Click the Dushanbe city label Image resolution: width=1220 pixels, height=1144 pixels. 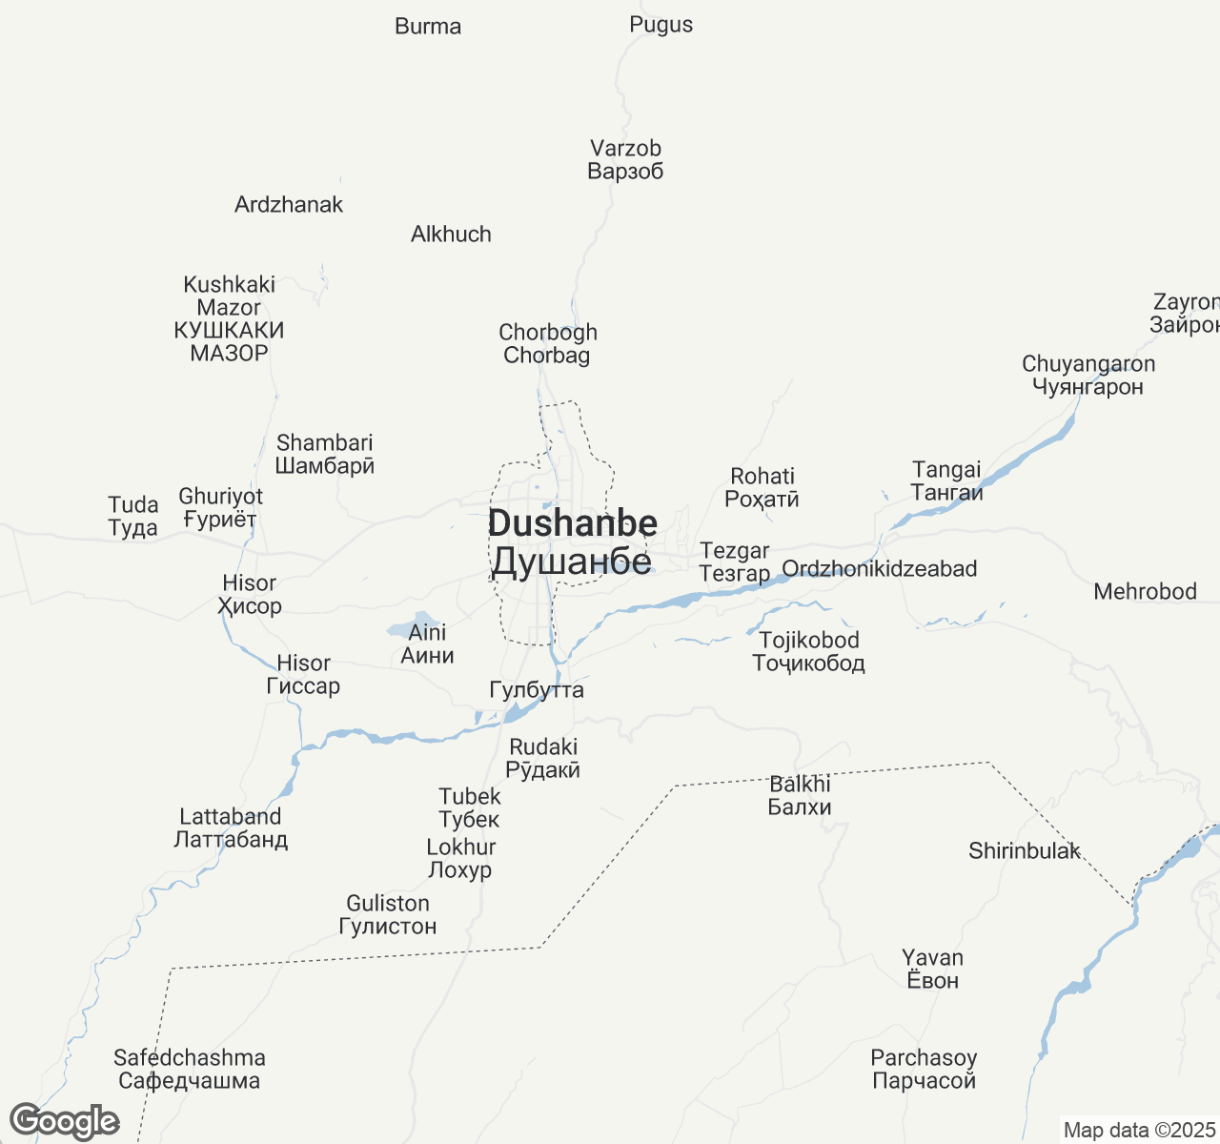tap(572, 542)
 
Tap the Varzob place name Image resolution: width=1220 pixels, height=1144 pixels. tap(625, 160)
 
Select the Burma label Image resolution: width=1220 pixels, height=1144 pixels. tap(428, 27)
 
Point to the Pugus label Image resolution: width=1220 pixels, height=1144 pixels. tap(661, 25)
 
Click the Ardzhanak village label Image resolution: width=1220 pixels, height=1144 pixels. tap(289, 205)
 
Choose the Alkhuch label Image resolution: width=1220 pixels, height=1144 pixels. tap(451, 235)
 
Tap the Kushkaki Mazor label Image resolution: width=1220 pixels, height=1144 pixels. tap(229, 318)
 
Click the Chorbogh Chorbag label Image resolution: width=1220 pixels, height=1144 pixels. tap(548, 344)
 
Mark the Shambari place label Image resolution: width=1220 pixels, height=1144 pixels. tap(324, 454)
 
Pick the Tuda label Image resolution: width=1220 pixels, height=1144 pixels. tap(132, 516)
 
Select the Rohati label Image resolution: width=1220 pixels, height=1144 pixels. tap(762, 487)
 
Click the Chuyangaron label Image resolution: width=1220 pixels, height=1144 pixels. tap(1088, 375)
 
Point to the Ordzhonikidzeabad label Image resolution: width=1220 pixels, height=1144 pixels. tap(879, 569)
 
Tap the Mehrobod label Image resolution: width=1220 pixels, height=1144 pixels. tap(1145, 592)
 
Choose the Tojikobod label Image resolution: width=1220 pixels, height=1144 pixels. tap(809, 651)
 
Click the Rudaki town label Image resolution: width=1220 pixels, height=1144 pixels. tap(543, 758)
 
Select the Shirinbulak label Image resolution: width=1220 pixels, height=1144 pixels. tap(1025, 851)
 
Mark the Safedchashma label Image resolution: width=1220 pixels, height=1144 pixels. tap(189, 1069)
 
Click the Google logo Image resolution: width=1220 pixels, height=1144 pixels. tap(64, 1121)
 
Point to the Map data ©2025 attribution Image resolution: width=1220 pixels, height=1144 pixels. tap(1139, 1131)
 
